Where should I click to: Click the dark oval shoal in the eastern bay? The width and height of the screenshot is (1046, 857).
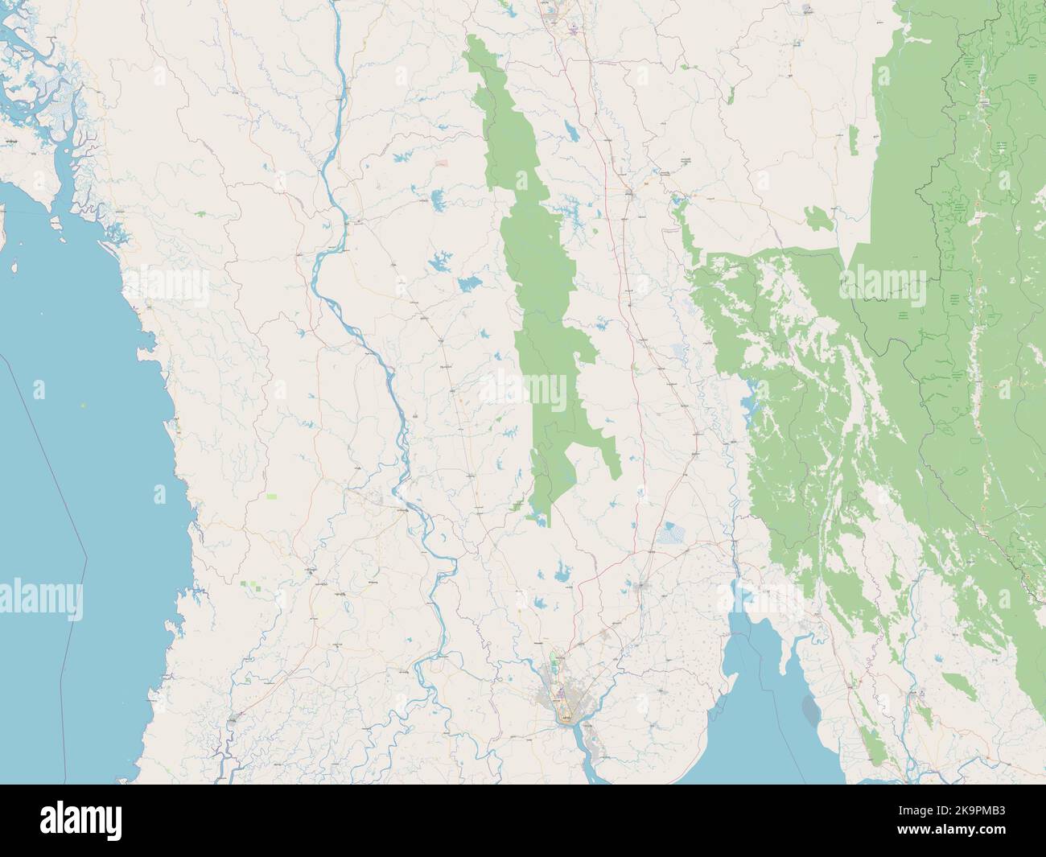[810, 709]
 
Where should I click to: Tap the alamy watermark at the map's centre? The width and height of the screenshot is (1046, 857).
[523, 391]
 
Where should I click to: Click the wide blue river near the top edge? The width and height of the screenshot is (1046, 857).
[339, 48]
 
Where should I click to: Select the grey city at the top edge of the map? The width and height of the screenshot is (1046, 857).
[553, 10]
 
